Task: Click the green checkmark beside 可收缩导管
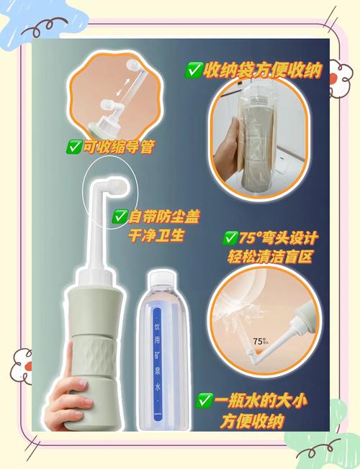(74, 147)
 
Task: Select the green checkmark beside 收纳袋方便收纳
(194, 70)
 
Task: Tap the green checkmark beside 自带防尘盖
(120, 216)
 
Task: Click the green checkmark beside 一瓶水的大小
(205, 400)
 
